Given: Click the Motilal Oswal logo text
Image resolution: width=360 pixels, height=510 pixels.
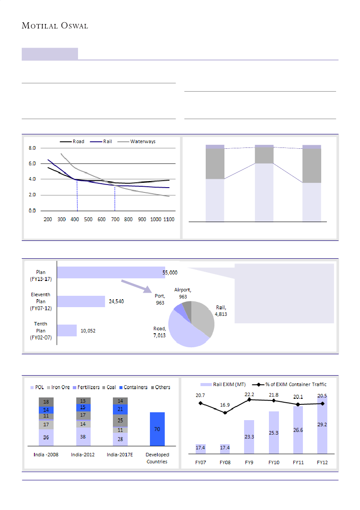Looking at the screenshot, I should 55,26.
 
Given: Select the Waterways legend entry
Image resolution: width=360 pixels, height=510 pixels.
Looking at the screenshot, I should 143,141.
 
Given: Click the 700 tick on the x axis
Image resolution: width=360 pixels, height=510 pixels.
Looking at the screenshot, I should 115,219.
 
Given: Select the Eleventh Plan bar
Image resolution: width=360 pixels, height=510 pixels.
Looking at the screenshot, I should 81,301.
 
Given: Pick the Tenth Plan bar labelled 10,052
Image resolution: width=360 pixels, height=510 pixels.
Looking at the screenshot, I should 67,330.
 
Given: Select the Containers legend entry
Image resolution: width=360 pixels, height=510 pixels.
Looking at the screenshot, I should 134,387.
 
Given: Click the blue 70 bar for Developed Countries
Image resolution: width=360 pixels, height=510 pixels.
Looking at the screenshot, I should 157,429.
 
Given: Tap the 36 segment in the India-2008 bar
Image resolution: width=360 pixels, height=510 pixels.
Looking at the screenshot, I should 46,437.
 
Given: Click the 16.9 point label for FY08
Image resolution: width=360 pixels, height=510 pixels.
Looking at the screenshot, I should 224,404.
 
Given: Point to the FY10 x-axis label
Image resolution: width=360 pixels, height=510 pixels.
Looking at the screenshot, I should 274,462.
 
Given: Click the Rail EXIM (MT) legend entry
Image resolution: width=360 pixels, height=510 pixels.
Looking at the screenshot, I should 225,384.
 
